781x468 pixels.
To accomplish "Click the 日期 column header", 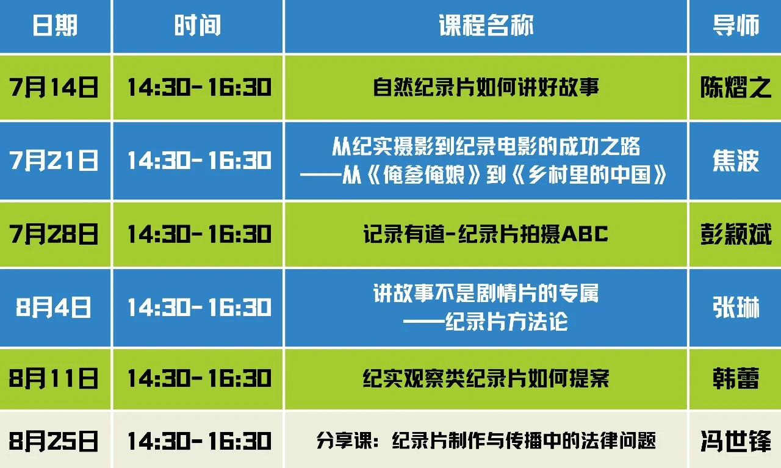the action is tap(55, 26).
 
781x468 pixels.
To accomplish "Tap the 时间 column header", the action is tap(198, 26).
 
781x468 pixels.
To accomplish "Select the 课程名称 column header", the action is tap(486, 26).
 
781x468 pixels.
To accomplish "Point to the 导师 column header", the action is tap(736, 26).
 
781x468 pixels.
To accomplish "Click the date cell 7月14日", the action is tap(54, 87).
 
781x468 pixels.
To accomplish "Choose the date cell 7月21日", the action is tap(54, 160).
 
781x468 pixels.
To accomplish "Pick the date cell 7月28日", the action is tap(54, 234).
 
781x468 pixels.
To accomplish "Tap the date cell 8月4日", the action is tap(54, 308).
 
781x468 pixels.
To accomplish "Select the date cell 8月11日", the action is tap(54, 378).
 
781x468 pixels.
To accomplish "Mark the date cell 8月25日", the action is tap(54, 441).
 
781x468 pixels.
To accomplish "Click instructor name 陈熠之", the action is tap(736, 87).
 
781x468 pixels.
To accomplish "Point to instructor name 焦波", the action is tap(736, 160).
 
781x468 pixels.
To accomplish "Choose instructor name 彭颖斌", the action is tap(736, 234).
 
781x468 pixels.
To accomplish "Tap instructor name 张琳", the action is tap(736, 308).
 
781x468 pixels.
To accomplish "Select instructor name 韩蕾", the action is tap(736, 378).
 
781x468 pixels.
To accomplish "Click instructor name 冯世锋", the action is tap(736, 441).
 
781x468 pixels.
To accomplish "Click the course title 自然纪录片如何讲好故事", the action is tap(486, 87).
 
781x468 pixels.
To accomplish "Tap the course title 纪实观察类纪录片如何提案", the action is tap(486, 378).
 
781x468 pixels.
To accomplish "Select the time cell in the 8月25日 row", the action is tap(200, 441).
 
